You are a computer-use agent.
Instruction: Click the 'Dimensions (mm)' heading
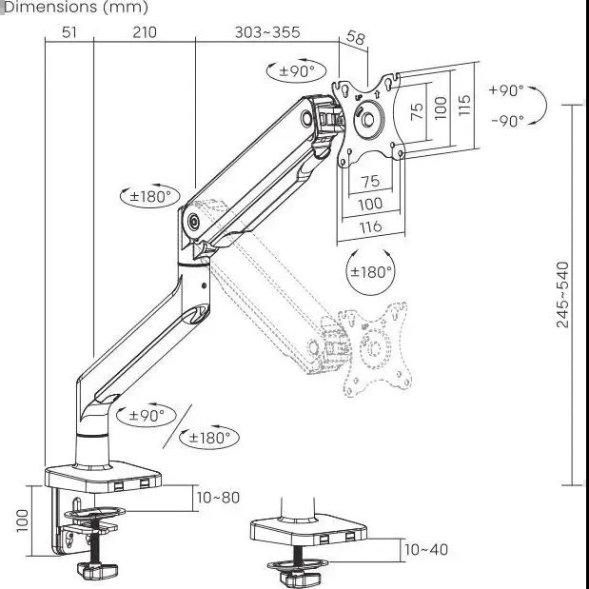(x=75, y=8)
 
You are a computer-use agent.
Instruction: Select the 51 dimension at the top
(x=69, y=32)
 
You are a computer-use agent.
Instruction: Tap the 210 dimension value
(x=145, y=32)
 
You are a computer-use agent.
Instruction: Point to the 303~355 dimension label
(x=267, y=32)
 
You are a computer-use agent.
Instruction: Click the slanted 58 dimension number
(x=355, y=37)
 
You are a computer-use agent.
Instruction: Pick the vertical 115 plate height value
(x=464, y=105)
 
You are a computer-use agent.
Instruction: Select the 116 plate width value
(x=371, y=227)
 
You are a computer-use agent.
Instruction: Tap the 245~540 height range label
(x=562, y=295)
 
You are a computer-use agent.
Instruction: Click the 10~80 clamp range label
(x=218, y=498)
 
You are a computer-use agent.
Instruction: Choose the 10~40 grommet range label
(x=426, y=550)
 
